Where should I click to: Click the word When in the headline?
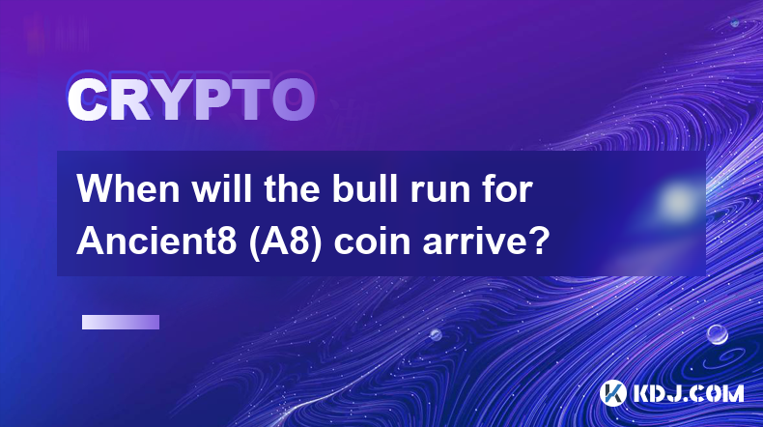coord(128,189)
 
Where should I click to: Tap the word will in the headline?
coord(221,188)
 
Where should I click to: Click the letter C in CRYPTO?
coord(88,100)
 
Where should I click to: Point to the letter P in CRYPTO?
coord(212,100)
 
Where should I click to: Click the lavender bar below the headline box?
coord(121,322)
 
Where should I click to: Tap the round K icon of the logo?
coord(612,393)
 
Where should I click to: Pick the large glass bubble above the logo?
coord(717,334)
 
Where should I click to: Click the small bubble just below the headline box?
coord(435,334)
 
